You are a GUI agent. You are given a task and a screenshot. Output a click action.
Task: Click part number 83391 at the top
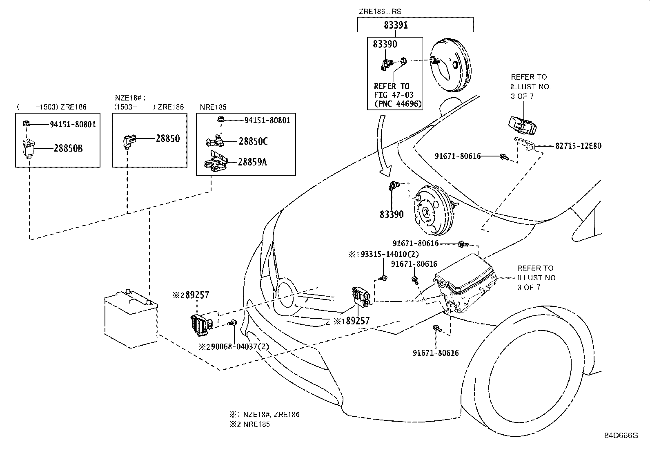coord(396,25)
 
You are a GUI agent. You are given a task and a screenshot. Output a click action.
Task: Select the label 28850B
coord(68,148)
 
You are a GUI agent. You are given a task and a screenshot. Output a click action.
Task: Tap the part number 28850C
coord(253,141)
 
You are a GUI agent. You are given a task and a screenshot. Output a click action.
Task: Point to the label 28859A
coord(252,162)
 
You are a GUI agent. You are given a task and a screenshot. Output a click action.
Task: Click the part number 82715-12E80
coord(578,146)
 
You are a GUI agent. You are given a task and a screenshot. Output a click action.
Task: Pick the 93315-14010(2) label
coord(387,254)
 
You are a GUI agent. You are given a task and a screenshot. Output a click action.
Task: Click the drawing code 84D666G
coord(621,436)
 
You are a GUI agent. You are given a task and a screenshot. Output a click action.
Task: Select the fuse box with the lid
coord(464,283)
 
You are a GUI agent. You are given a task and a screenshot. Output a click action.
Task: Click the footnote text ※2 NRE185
coord(249,424)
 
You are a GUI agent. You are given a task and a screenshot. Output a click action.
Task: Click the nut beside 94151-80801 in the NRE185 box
coord(221,119)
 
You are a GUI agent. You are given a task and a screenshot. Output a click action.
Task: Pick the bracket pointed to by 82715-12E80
coord(525,143)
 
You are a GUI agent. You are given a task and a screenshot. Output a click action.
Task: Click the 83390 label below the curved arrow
coord(392,214)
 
